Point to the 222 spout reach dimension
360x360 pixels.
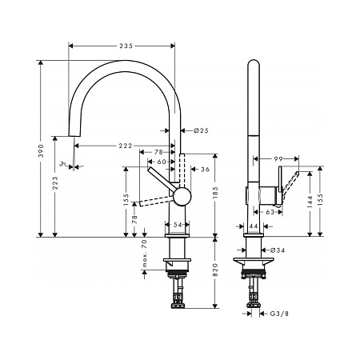click(x=123, y=146)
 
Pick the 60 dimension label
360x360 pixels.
click(x=162, y=161)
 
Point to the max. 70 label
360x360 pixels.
click(x=145, y=254)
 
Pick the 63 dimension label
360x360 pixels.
click(x=270, y=212)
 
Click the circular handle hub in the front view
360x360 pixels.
click(x=182, y=197)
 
